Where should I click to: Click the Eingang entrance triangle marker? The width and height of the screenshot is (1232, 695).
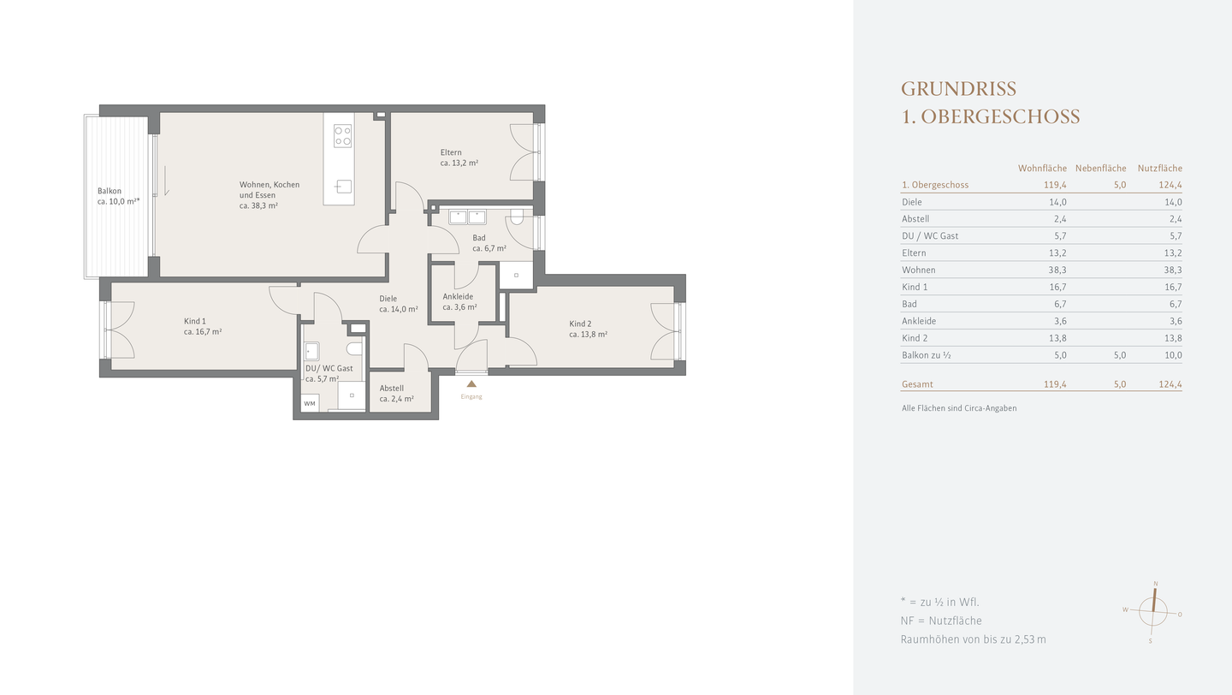tap(471, 383)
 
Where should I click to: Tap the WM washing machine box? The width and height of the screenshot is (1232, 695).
tap(311, 403)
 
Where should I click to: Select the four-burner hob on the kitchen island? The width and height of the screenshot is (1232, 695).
tap(342, 136)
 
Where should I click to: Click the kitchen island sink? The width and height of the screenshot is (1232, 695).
tap(344, 187)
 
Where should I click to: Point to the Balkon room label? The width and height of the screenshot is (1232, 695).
tap(109, 191)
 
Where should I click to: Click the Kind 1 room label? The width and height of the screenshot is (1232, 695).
tap(195, 321)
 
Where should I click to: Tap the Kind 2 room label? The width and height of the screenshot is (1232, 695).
tap(580, 324)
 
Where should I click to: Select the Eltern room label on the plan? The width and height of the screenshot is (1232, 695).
tap(451, 152)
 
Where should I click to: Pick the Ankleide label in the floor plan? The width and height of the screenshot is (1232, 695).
tap(458, 297)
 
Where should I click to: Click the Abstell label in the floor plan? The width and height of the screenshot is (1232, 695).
tap(392, 389)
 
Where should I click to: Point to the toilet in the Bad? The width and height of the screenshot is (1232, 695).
tap(517, 217)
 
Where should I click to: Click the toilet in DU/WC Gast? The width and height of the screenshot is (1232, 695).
tap(355, 349)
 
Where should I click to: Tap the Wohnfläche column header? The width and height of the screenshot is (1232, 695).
tap(1042, 169)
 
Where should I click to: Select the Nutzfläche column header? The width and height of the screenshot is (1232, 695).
tap(1160, 169)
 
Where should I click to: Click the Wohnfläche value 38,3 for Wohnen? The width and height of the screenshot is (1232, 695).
tap(1057, 270)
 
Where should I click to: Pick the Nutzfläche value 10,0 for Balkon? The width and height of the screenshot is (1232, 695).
tap(1173, 355)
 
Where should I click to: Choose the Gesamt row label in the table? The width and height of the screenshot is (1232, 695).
tap(917, 384)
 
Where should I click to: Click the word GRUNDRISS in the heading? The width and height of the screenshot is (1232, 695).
tap(958, 89)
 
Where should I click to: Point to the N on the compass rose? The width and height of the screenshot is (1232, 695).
tap(1156, 584)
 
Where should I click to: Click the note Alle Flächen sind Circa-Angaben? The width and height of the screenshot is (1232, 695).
tap(959, 408)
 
